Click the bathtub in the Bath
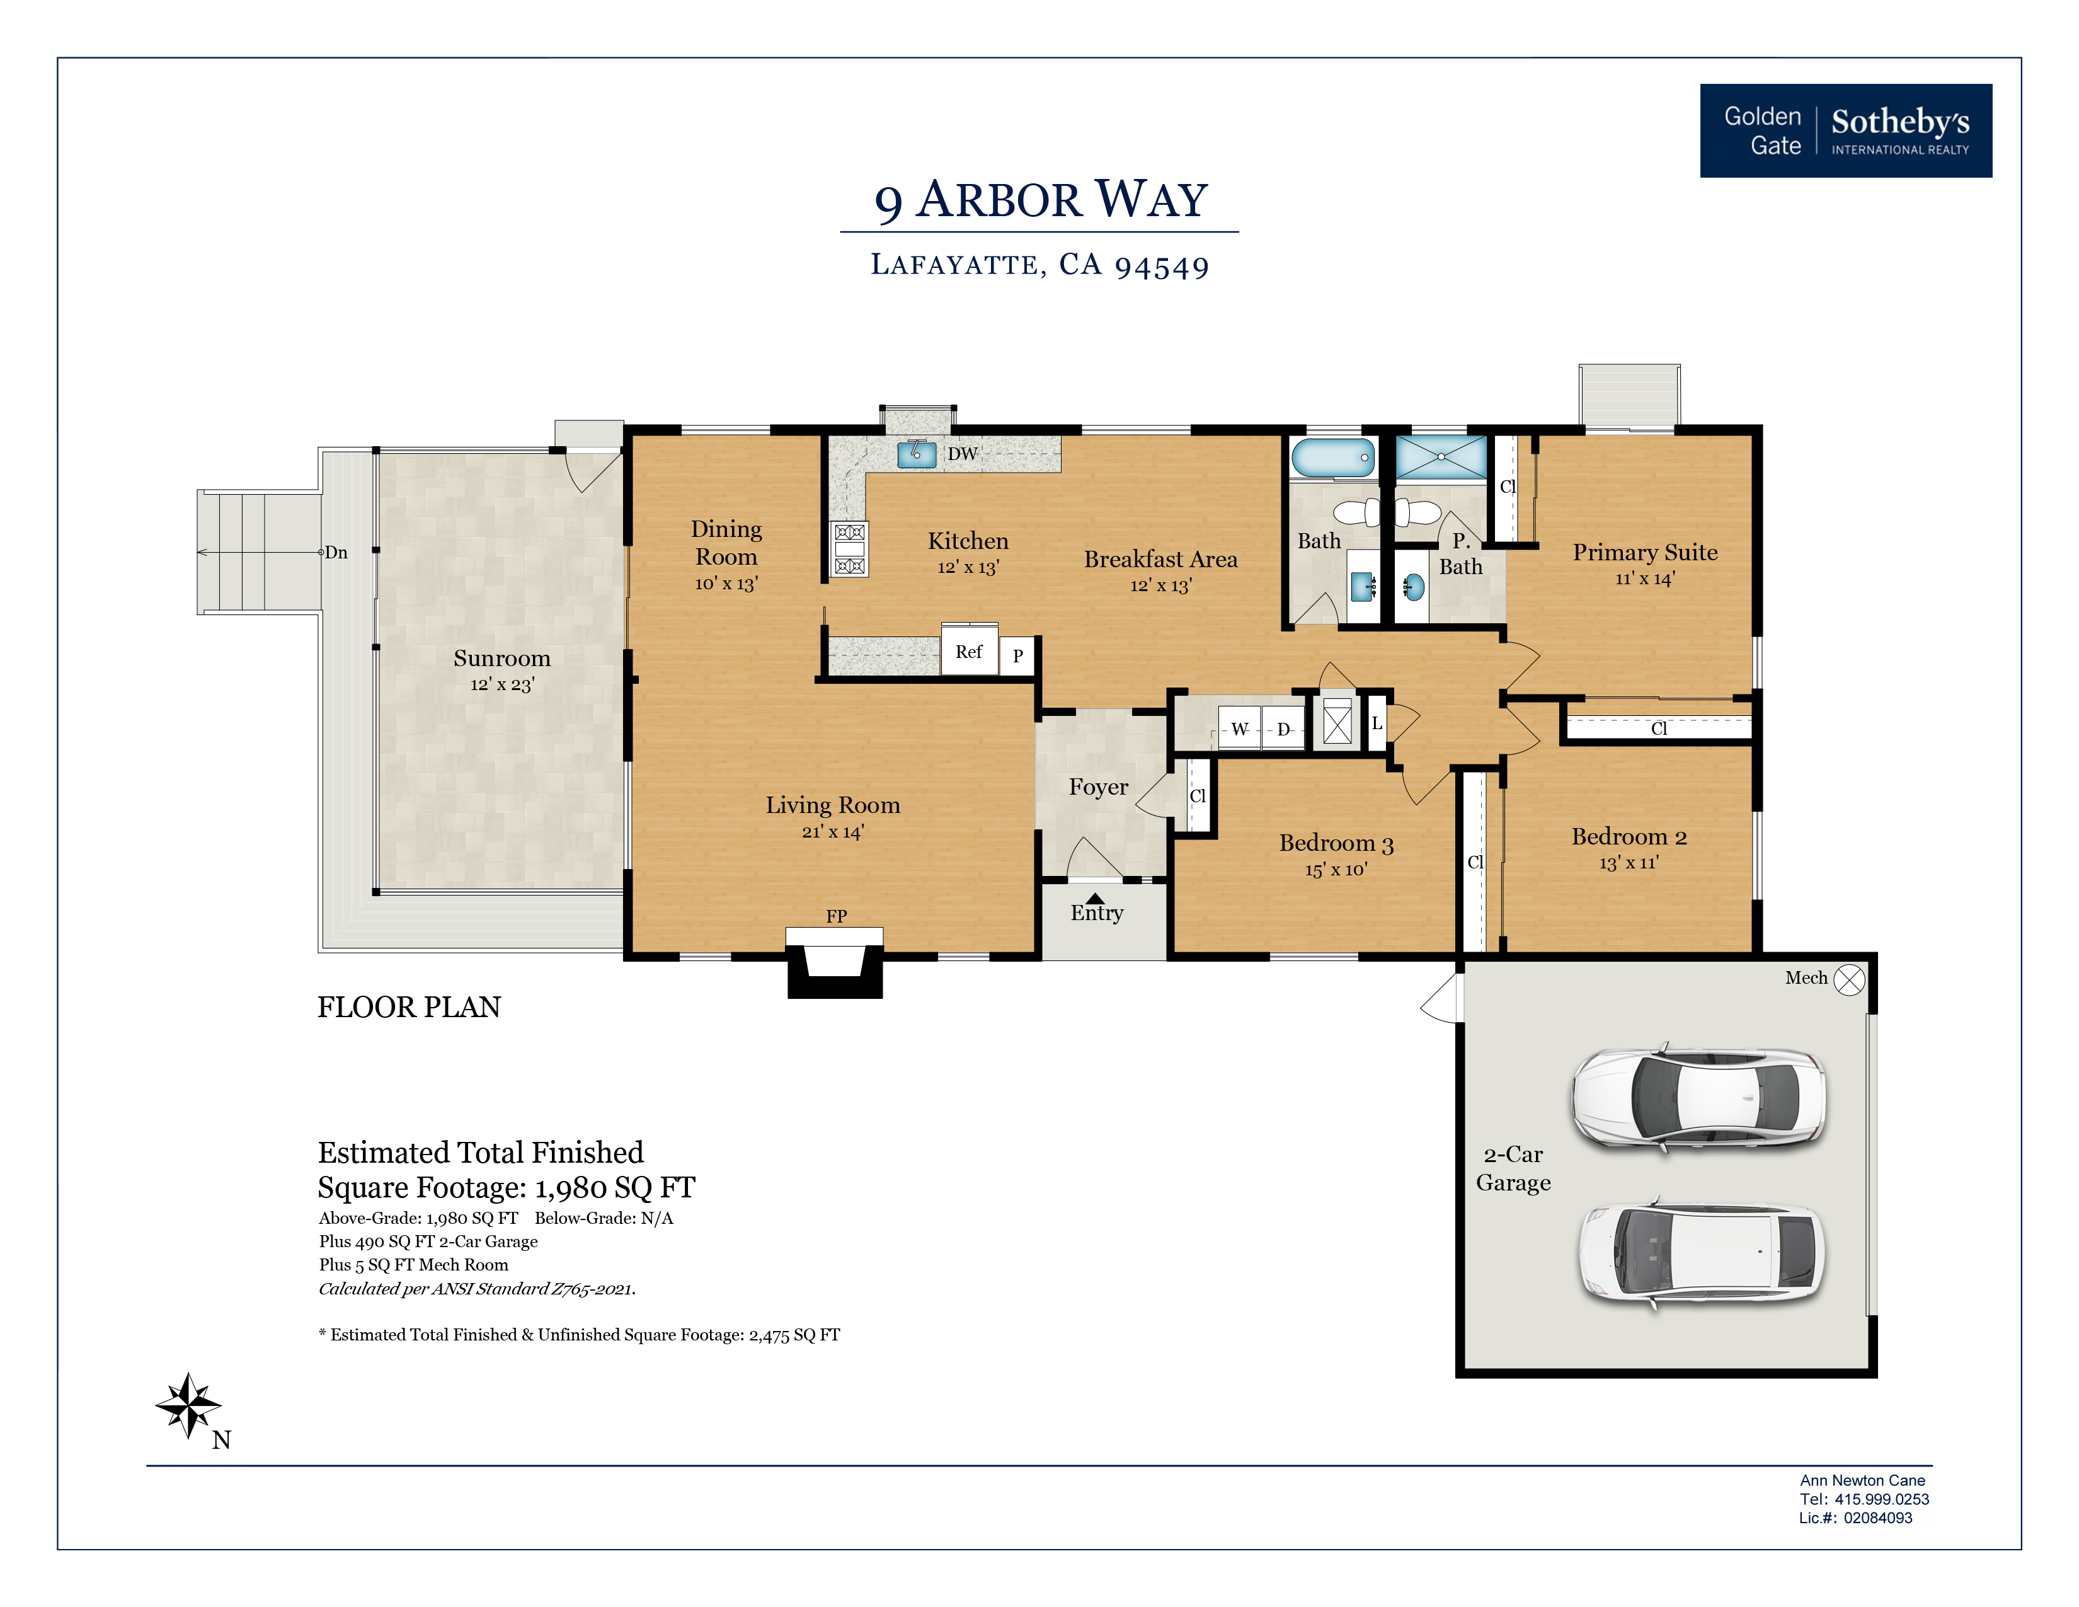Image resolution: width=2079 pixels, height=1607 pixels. coord(1332,458)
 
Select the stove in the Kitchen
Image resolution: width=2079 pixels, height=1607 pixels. coord(849,550)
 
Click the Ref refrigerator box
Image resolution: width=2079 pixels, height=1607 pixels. coord(969,650)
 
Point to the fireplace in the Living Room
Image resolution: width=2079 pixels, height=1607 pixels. coord(835,962)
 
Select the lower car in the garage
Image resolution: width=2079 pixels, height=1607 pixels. coord(1701,1252)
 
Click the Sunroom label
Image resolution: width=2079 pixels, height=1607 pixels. coord(501,658)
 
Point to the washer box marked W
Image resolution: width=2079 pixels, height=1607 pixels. coord(1239,729)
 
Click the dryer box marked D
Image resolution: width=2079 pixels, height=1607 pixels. coord(1283,729)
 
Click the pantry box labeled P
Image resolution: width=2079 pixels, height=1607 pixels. coord(1017,655)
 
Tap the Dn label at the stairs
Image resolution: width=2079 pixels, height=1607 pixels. coord(336,552)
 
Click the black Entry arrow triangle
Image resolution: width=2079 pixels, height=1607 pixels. coord(1096,898)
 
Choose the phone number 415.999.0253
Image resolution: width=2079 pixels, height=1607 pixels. coord(1882,1499)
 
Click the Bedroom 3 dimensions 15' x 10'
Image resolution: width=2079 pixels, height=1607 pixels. coord(1336,869)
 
